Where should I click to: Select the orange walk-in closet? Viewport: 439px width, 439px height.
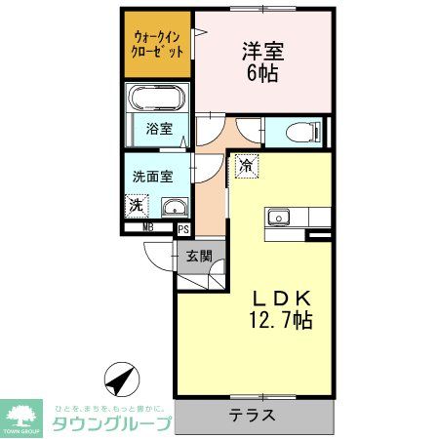click(x=157, y=45)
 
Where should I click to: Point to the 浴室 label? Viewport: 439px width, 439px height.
click(x=159, y=129)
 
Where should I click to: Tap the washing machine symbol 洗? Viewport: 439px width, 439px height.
click(x=137, y=206)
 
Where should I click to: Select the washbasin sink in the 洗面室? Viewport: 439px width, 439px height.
click(x=174, y=207)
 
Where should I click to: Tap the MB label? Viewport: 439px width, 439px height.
click(x=148, y=228)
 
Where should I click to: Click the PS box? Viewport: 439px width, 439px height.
click(x=182, y=229)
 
